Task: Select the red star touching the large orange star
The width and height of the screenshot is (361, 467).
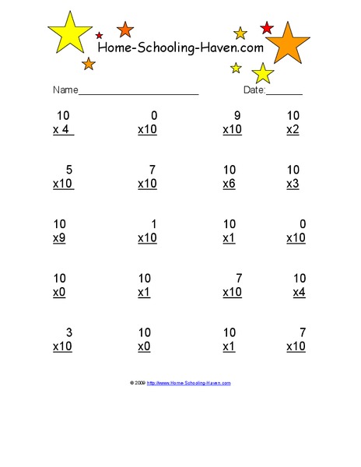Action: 267,28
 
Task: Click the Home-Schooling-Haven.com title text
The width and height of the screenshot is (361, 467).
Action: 180,48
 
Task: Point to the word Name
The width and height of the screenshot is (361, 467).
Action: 65,90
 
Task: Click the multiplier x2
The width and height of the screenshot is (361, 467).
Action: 293,129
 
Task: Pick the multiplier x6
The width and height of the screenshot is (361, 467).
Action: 228,184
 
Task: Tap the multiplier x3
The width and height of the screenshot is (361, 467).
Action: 293,184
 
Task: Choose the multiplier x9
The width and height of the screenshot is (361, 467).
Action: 59,238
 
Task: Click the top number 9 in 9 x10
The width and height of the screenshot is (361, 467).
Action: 237,116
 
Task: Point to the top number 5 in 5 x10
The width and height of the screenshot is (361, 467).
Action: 69,170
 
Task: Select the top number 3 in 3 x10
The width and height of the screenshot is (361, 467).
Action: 69,333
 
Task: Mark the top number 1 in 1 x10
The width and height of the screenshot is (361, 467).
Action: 153,225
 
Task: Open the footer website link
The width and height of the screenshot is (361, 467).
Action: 189,383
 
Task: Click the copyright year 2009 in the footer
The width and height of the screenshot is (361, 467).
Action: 140,383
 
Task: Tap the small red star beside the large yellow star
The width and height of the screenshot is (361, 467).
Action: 99,35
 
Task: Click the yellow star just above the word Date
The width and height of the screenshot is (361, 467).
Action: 263,74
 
